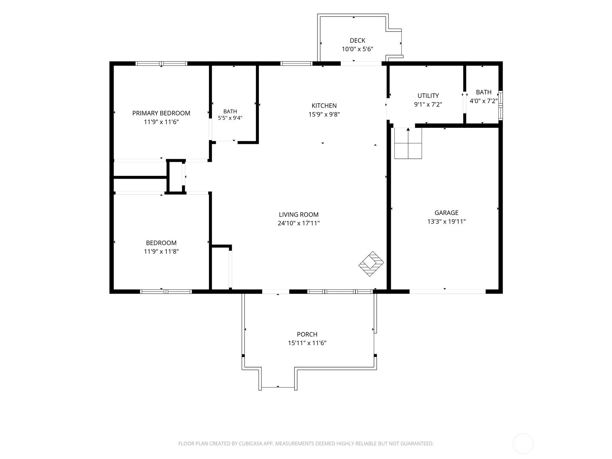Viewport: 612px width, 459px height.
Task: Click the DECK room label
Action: point(357,41)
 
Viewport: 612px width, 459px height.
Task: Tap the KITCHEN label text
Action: point(324,106)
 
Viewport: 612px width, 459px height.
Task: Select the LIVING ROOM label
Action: point(299,215)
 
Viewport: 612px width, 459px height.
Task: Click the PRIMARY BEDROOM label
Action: point(161,113)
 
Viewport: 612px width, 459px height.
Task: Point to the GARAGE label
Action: point(446,213)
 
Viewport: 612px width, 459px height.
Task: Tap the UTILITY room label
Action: point(428,96)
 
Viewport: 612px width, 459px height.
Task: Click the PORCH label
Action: point(307,334)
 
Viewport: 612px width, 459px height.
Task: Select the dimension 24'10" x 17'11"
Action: point(299,223)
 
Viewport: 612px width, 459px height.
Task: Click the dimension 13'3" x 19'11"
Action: point(446,221)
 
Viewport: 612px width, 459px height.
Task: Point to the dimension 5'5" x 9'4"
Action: point(230,118)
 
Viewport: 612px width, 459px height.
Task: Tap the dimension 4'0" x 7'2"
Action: point(484,101)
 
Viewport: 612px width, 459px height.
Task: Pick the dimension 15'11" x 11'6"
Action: point(307,343)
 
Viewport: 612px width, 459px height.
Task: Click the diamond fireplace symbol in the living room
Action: point(371,264)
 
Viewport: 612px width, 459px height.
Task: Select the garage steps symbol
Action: point(408,143)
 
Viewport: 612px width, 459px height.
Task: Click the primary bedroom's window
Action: point(161,63)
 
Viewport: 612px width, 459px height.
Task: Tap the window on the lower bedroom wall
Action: point(166,291)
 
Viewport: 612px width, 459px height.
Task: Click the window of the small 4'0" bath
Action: point(501,105)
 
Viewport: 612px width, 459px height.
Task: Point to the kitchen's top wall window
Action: point(296,63)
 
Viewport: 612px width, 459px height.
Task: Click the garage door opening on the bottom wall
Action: point(448,291)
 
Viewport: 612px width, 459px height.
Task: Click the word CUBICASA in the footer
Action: point(251,443)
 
